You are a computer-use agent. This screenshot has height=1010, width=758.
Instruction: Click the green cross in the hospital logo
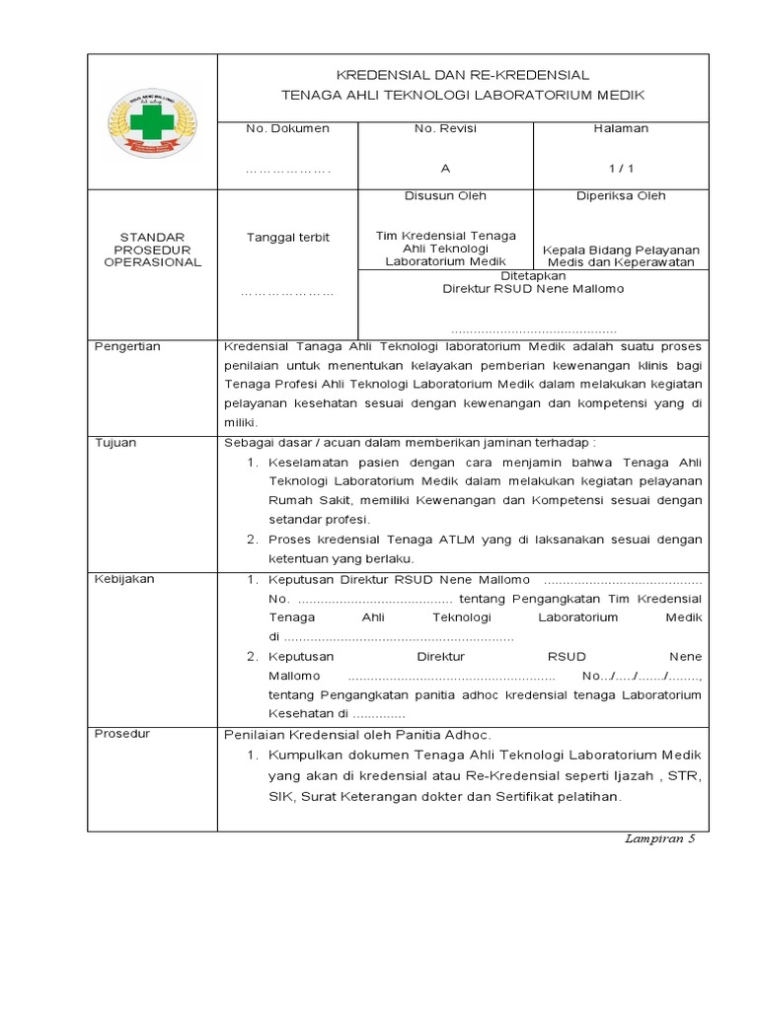tap(152, 123)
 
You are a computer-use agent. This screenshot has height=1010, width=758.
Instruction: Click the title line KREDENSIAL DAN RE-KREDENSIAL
tap(463, 75)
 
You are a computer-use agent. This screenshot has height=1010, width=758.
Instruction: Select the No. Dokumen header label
tap(287, 129)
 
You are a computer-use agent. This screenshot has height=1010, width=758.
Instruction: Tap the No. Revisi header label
tap(445, 129)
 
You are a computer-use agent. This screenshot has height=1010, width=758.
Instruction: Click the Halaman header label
tap(621, 129)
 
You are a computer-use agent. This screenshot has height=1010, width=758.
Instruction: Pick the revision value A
tap(445, 169)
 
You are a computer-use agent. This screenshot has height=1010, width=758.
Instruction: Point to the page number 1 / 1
tap(621, 169)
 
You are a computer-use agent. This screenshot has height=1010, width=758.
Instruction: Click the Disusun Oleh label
tap(445, 196)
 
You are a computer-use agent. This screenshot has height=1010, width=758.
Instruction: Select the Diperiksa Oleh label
tap(621, 196)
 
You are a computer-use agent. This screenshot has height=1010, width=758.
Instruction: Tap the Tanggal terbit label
tap(287, 238)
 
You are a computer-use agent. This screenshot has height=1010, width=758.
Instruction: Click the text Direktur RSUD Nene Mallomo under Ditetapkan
tap(533, 289)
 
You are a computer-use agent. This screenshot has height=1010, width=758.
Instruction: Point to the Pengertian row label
tap(126, 347)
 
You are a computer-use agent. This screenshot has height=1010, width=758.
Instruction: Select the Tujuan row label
tap(114, 443)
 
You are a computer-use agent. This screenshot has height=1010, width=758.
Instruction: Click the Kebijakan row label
tap(123, 579)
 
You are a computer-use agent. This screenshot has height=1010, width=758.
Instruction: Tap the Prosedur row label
tap(121, 734)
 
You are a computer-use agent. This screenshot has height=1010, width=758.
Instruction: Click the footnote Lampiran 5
tap(660, 838)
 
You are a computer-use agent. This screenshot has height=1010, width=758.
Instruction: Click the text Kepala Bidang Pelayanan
tap(621, 251)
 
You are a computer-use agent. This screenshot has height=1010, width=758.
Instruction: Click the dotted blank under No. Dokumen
tap(287, 170)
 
